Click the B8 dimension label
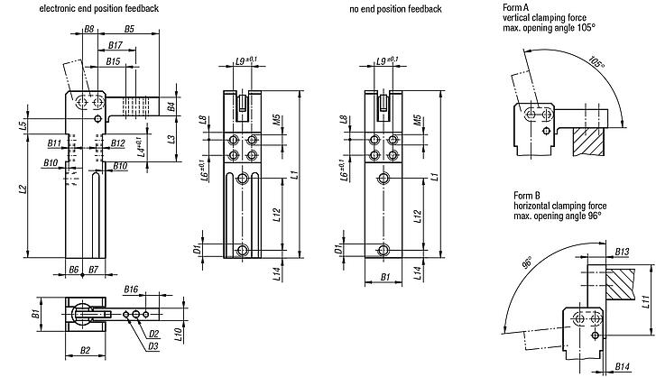(89, 29)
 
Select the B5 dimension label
(129, 29)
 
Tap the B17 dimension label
(115, 45)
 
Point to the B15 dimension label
(113, 61)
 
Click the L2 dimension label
(23, 188)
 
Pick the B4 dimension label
(171, 106)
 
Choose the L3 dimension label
(171, 139)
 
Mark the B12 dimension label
(118, 143)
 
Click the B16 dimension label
(131, 290)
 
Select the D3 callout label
(153, 346)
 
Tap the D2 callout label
(153, 334)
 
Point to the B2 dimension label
(85, 350)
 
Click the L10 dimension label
(177, 335)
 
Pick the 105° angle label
(596, 62)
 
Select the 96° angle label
(527, 262)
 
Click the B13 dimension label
(622, 252)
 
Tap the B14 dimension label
(622, 366)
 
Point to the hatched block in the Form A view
(588, 143)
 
